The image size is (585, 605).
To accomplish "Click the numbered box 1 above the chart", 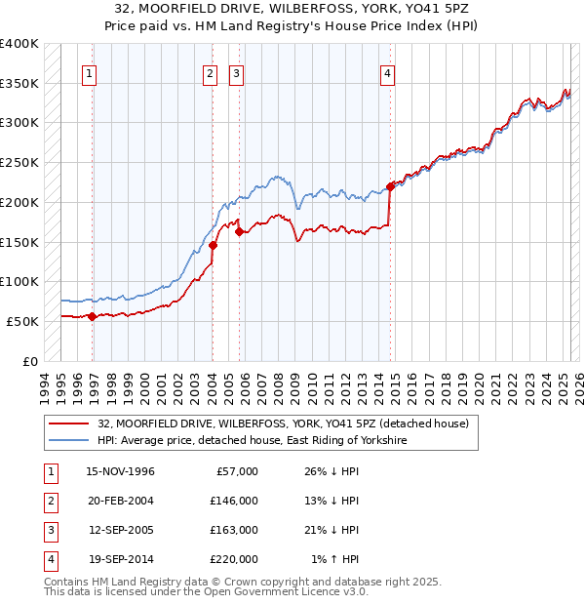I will point(89,72).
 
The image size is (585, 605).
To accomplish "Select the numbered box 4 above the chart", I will point(388,72).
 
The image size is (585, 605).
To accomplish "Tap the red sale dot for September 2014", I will point(390,186).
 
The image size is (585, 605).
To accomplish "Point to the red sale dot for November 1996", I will point(93,316).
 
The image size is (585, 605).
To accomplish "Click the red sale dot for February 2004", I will point(213,246).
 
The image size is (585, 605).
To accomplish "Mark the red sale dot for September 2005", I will point(239,231).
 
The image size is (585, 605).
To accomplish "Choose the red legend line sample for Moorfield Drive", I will point(68,424).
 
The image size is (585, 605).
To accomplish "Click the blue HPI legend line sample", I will point(68,441).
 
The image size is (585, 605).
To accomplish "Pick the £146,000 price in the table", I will point(234,501).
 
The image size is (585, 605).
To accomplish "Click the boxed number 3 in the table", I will point(49,530).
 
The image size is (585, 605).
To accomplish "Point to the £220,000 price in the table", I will point(234,559).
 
